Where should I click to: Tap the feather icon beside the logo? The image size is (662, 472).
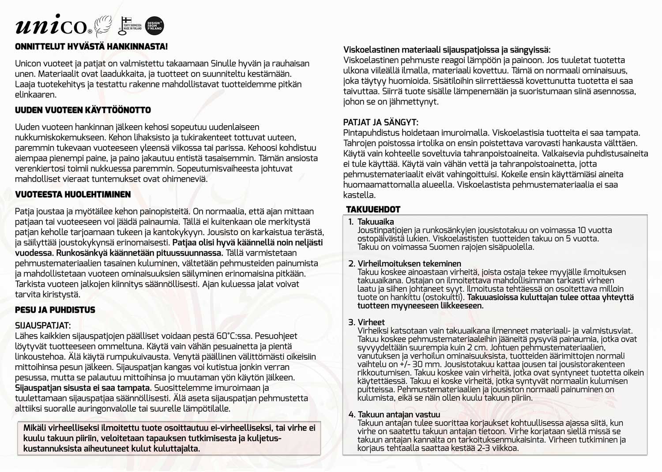[x=103, y=26]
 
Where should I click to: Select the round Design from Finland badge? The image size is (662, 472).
[x=154, y=25]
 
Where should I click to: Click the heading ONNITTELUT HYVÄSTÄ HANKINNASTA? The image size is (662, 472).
[x=91, y=47]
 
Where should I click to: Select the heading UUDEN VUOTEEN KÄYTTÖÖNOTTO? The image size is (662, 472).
[x=83, y=110]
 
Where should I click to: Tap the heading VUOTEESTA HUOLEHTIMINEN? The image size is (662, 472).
[x=73, y=195]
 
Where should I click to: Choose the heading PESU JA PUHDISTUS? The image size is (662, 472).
[x=55, y=310]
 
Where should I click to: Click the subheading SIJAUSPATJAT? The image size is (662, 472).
[x=43, y=326]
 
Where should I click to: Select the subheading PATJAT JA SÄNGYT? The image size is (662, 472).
[x=380, y=122]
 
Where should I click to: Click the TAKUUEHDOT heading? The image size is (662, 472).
[x=373, y=210]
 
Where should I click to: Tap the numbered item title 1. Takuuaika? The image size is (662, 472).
[x=371, y=222]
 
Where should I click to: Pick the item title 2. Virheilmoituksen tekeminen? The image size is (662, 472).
[x=404, y=264]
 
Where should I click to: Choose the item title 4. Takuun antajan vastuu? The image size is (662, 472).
[x=394, y=415]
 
